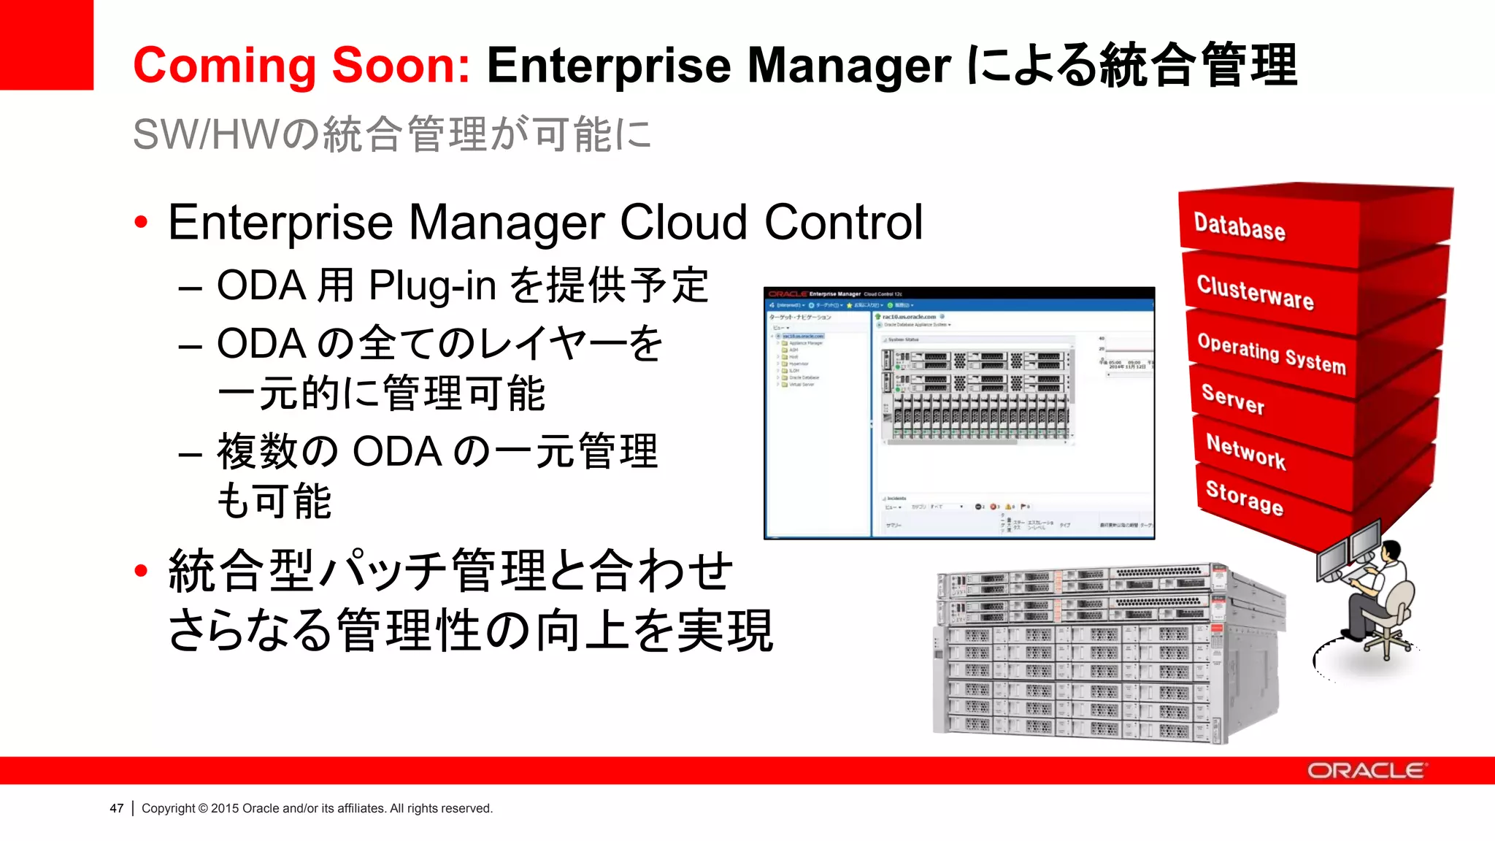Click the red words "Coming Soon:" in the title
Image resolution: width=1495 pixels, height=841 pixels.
301,66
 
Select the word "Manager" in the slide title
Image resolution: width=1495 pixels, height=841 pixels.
849,66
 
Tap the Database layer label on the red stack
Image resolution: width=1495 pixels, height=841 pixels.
1240,226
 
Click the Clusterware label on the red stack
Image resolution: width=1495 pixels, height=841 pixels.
1255,292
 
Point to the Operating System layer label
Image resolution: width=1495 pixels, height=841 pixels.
1272,353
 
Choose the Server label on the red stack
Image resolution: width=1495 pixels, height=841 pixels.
1233,399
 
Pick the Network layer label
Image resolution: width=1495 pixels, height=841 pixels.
1245,450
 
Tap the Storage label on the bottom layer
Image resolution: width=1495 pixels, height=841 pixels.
1244,497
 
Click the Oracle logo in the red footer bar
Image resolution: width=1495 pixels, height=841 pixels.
1365,771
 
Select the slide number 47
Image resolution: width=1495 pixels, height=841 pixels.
117,808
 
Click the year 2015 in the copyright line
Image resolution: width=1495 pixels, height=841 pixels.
225,808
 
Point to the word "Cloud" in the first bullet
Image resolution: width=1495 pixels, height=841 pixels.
683,222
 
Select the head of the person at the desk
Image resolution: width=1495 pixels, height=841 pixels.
1391,551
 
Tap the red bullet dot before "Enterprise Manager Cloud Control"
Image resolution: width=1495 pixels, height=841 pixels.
142,222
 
